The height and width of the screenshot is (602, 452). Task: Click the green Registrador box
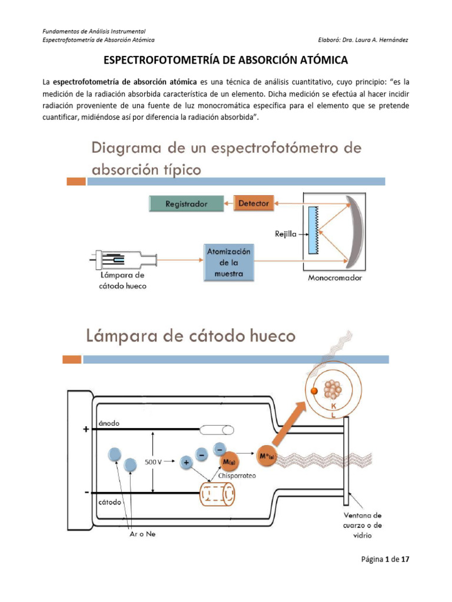186,204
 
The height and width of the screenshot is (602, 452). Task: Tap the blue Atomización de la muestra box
229,263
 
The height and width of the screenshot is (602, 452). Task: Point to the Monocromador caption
335,277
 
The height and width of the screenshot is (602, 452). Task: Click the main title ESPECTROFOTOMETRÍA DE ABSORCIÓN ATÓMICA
226,60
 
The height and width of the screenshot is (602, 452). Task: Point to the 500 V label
154,462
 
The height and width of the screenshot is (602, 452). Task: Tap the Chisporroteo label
237,476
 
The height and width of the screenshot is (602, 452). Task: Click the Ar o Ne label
142,534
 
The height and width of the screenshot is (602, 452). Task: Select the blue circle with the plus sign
187,463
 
